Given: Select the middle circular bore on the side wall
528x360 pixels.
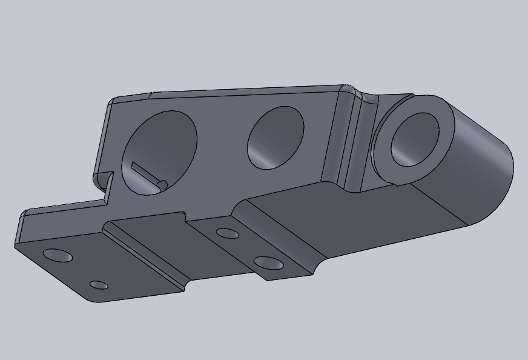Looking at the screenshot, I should point(276,138).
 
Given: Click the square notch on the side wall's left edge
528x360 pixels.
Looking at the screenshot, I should point(107,182).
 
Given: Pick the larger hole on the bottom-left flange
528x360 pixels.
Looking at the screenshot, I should point(58,256).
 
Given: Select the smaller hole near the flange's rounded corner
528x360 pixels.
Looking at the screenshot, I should point(99,285).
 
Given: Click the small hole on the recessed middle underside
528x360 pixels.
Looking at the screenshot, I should point(227,233).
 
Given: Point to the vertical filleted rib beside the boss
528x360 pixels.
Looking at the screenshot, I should point(352,142).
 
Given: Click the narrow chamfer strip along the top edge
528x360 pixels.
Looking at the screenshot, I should point(242,91).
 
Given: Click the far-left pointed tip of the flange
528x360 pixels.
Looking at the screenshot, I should point(17,244).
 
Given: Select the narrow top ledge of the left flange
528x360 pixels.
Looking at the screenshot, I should point(61,208).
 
